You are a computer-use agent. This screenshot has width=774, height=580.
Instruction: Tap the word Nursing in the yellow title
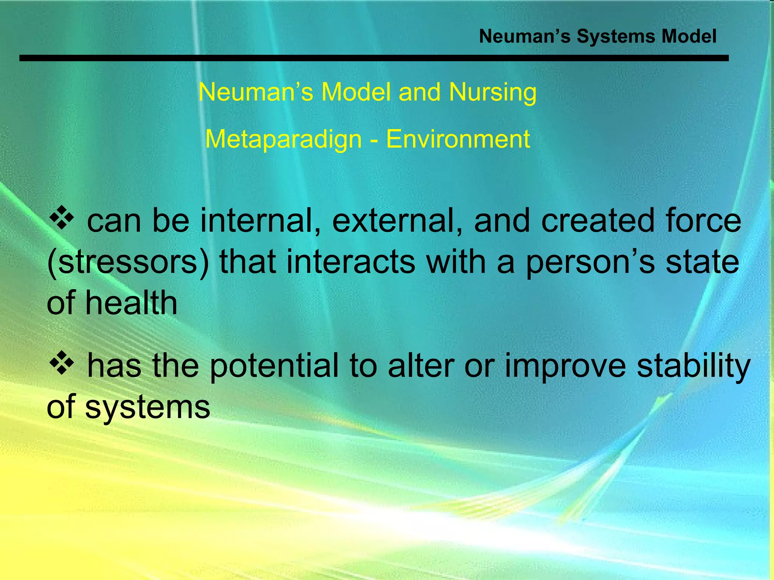(x=493, y=93)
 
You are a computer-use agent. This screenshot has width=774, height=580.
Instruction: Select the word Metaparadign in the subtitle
(x=283, y=139)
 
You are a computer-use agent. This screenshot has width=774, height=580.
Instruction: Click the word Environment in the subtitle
(x=458, y=139)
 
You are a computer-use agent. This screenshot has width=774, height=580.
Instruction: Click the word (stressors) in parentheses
(x=128, y=262)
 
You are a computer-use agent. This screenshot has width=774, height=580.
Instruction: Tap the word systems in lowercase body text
(x=147, y=408)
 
